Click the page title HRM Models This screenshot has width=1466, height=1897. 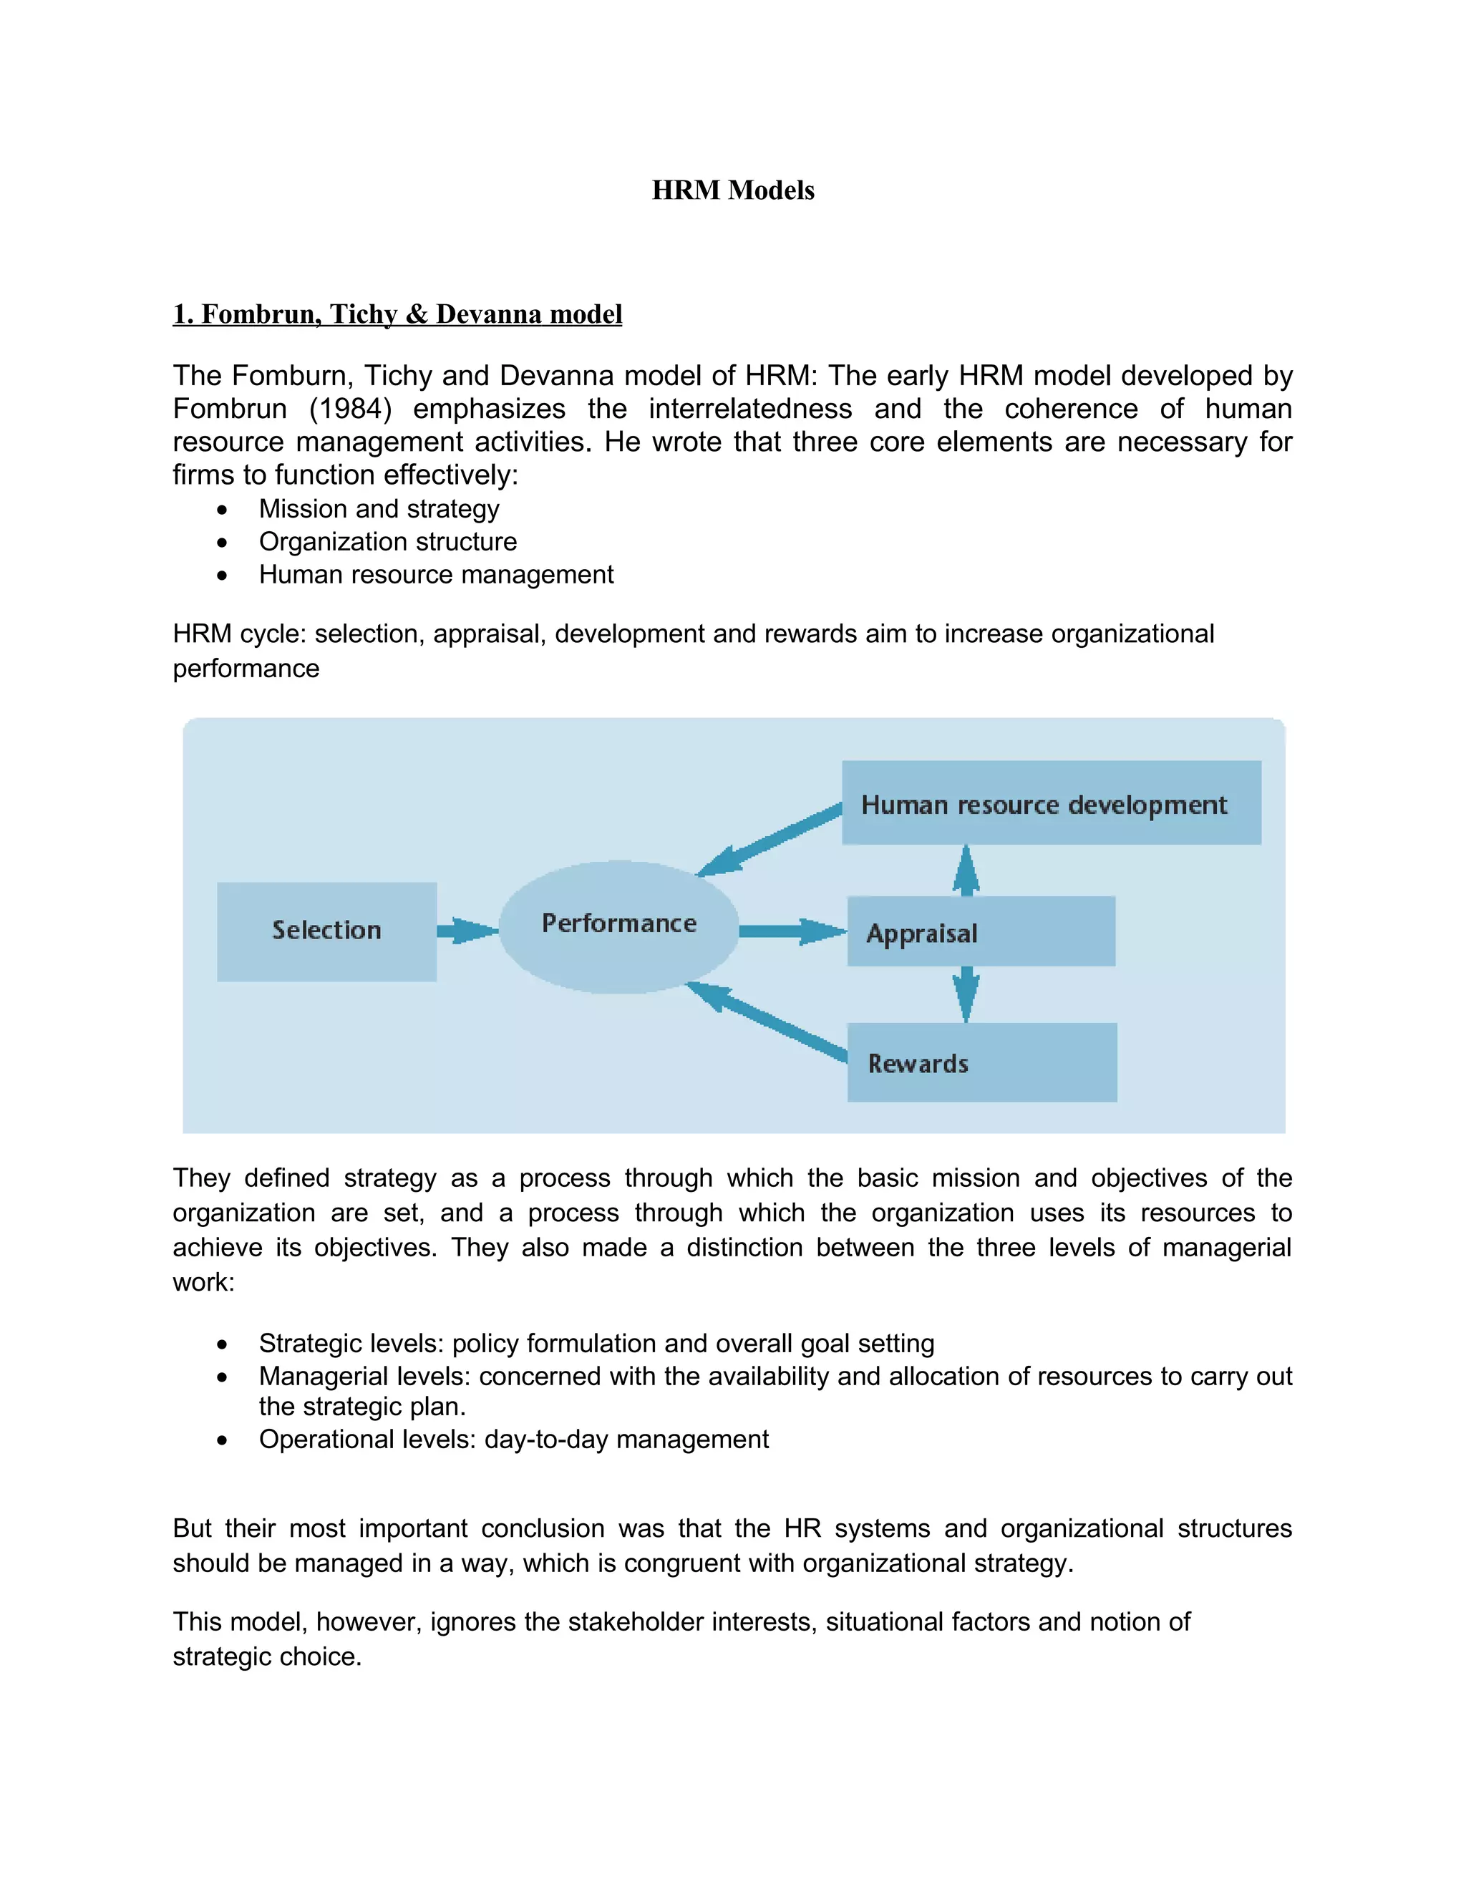(733, 190)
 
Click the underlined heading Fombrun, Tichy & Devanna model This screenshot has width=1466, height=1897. (398, 314)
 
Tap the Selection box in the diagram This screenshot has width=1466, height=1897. (326, 931)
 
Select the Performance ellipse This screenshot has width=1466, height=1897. (618, 926)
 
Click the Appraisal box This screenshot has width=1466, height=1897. (981, 932)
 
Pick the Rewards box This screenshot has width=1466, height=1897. (981, 1062)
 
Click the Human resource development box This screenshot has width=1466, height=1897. (1051, 802)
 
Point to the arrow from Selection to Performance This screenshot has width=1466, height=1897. (467, 931)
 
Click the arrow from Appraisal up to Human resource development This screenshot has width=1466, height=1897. (966, 871)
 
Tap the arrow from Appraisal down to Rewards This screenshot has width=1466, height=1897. (966, 994)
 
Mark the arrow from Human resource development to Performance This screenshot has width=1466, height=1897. (770, 840)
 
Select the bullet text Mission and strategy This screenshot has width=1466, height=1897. (379, 509)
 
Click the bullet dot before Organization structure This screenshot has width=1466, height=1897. (223, 543)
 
